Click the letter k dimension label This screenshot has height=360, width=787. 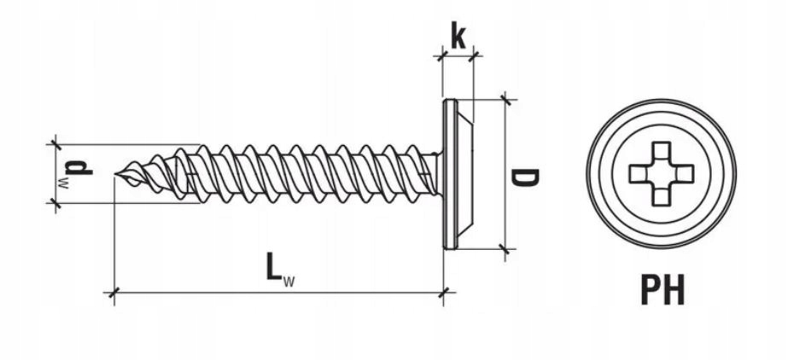point(458,35)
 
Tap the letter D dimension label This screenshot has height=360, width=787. point(524,177)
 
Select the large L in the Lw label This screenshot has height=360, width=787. point(273,266)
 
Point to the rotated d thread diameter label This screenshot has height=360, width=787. point(79,167)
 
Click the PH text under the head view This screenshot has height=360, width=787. point(662,290)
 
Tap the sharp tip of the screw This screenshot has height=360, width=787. point(115,174)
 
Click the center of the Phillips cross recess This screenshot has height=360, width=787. point(662,174)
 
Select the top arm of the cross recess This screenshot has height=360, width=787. point(662,150)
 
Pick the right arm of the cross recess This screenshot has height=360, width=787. point(685,174)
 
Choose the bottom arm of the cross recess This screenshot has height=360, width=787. point(662,197)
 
